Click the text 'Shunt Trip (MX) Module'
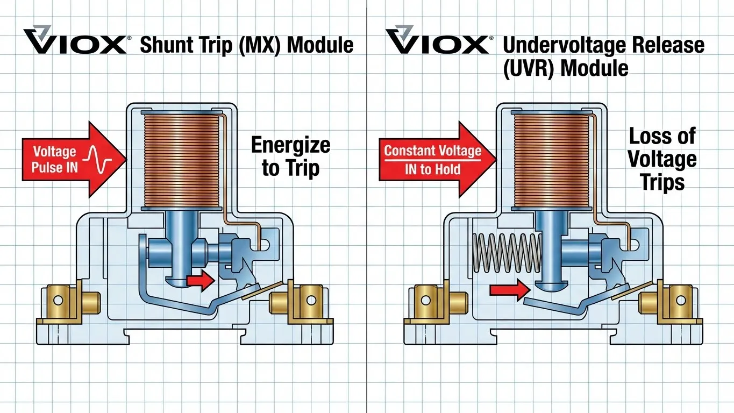[x=246, y=45]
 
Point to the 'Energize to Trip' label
[x=290, y=156]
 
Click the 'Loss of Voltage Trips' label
[x=662, y=159]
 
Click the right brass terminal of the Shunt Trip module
[x=301, y=301]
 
